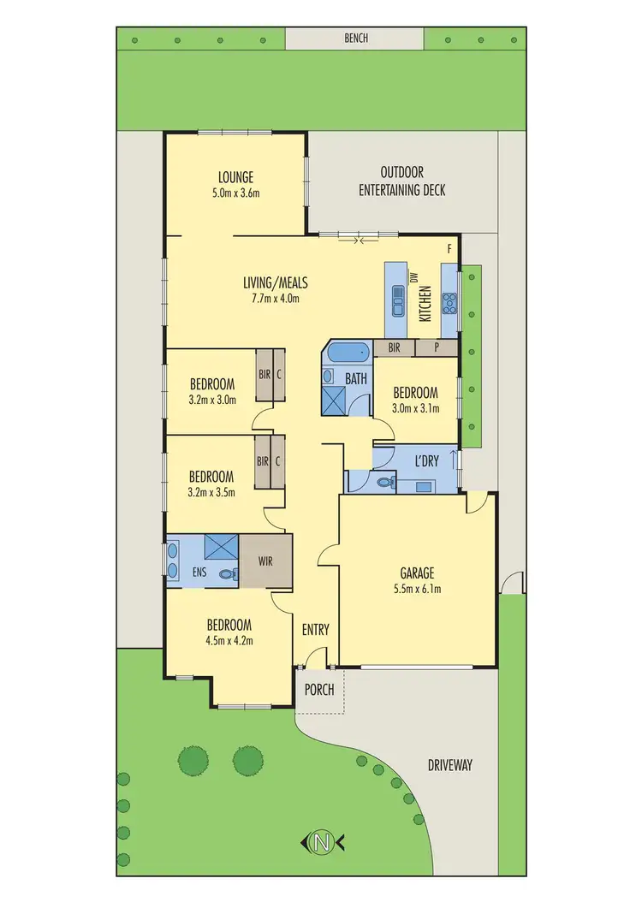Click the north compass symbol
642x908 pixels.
(x=322, y=842)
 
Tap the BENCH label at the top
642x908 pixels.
(x=355, y=39)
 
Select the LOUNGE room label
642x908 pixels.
(x=237, y=178)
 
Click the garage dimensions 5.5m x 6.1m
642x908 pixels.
(x=417, y=589)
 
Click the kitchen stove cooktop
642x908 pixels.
(x=450, y=300)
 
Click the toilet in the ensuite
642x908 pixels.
(x=228, y=575)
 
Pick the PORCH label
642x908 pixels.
(x=319, y=690)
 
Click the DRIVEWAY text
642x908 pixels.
(x=449, y=765)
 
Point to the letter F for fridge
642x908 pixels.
(x=449, y=248)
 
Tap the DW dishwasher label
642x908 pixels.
(x=413, y=278)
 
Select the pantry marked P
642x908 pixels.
(x=437, y=348)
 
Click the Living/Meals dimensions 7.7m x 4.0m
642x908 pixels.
(x=275, y=299)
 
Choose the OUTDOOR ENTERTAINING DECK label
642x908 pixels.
(x=401, y=181)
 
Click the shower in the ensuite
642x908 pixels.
(x=221, y=546)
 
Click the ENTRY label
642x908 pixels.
(x=315, y=630)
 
